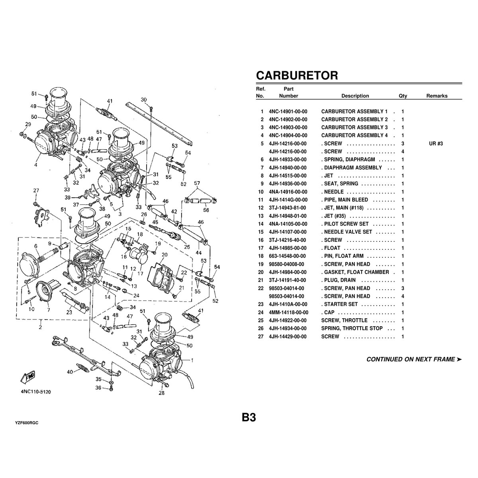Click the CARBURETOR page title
click(x=297, y=75)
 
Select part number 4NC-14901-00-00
click(x=288, y=112)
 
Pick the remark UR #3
click(x=436, y=143)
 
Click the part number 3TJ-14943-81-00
click(x=288, y=208)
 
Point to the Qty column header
click(x=403, y=96)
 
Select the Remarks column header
click(x=437, y=96)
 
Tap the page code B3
click(x=248, y=417)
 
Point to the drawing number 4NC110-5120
click(x=36, y=392)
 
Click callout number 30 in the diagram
click(x=144, y=100)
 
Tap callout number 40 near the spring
click(x=70, y=372)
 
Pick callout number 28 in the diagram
click(x=161, y=394)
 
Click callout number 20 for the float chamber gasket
click(x=165, y=254)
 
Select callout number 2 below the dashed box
click(x=40, y=327)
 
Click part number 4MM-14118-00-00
click(x=288, y=312)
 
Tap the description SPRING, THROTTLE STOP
click(x=352, y=329)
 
